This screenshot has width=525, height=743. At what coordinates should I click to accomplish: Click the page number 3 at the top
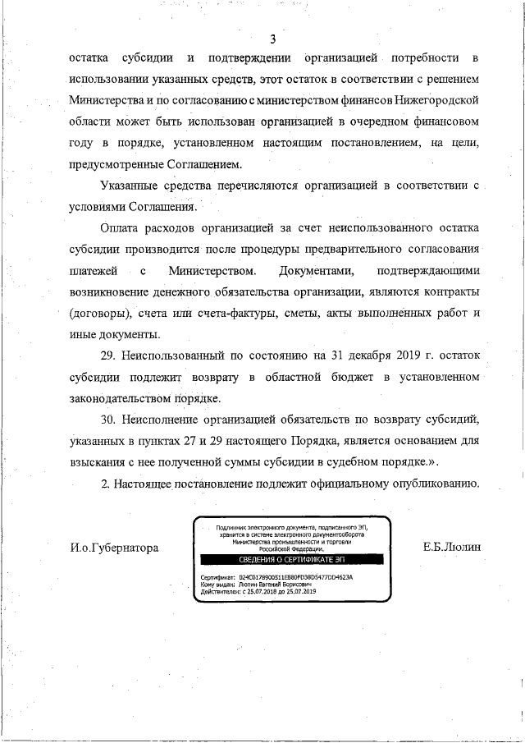pos(272,39)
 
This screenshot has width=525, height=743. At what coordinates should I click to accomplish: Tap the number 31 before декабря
pos(329,355)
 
